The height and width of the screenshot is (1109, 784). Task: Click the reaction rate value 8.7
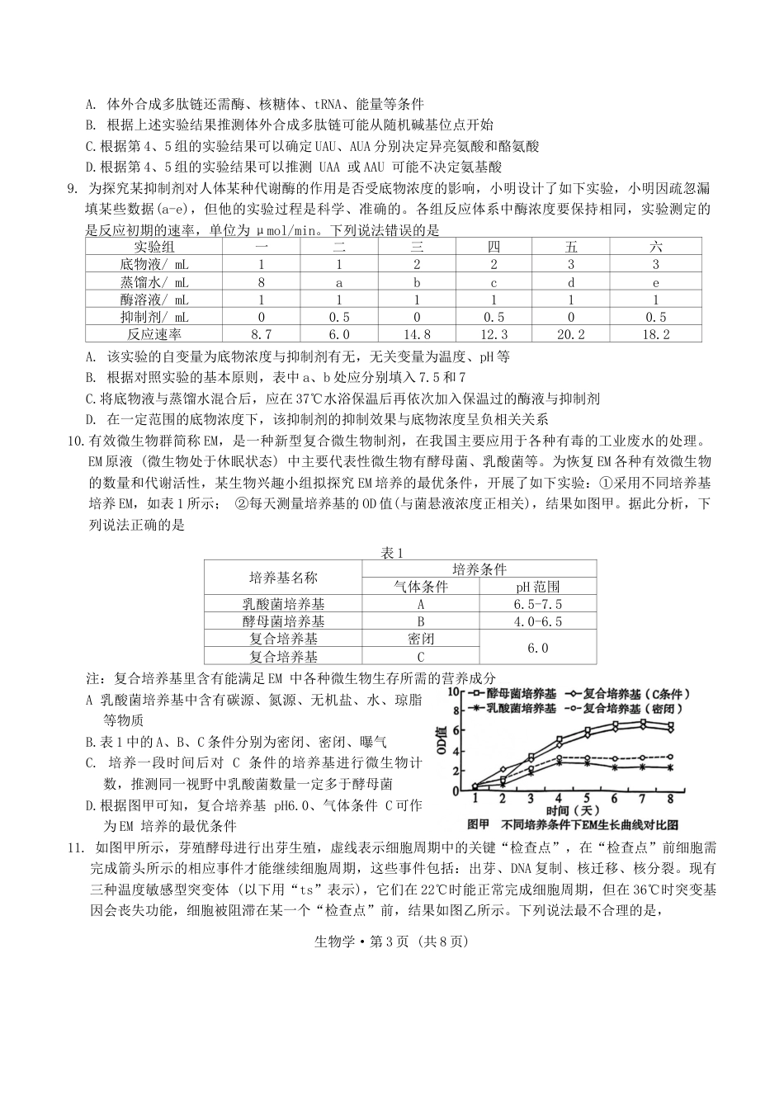(x=262, y=334)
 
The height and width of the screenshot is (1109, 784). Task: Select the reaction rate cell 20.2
(x=571, y=334)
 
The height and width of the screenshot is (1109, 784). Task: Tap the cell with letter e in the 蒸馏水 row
(x=656, y=282)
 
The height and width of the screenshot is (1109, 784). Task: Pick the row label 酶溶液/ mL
(x=154, y=300)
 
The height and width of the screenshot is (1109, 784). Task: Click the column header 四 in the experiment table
(x=494, y=247)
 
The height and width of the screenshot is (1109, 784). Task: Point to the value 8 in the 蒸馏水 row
(x=262, y=282)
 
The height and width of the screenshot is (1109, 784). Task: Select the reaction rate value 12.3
(x=494, y=334)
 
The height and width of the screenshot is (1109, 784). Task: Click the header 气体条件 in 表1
(x=420, y=587)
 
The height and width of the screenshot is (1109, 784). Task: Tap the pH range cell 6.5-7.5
(x=537, y=604)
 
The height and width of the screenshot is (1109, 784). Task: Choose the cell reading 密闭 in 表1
(x=420, y=639)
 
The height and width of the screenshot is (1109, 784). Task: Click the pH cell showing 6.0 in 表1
(x=537, y=648)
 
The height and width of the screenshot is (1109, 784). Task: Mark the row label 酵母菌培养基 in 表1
(x=283, y=621)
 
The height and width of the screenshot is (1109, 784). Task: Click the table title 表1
(x=392, y=553)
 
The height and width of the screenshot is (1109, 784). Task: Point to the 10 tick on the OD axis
(x=453, y=691)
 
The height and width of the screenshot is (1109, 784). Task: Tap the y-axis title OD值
(x=442, y=740)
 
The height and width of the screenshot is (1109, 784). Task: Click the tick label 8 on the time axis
(x=670, y=799)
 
